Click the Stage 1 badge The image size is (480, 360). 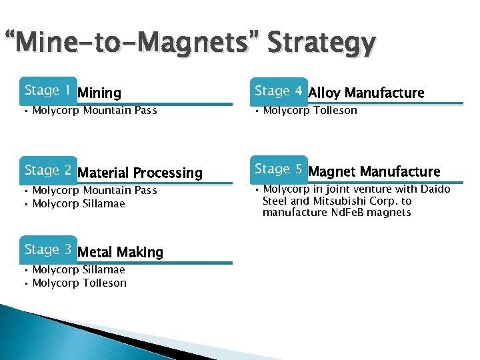point(47,90)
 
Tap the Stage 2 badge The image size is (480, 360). point(47,170)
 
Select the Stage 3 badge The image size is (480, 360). point(47,249)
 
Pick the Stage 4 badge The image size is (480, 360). point(278,90)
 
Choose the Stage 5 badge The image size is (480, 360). point(278,169)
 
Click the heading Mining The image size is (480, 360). point(99,93)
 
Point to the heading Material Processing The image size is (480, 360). point(140,173)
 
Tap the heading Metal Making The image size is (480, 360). point(120,253)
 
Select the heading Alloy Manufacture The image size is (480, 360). point(366,93)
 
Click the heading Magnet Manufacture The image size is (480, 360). point(374,172)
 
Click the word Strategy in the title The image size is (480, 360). point(321,44)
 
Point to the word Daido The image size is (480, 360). point(436,189)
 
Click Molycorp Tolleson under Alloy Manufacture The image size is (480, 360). point(310,111)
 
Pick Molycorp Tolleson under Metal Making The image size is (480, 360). point(79,283)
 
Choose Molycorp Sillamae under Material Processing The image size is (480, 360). point(79,203)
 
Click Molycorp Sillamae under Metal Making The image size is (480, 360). point(79,270)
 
